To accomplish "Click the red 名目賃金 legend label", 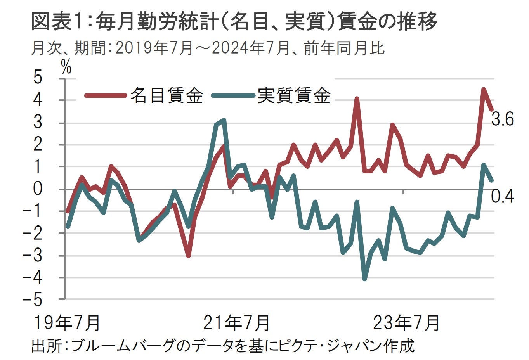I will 167,95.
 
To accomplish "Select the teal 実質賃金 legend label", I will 294,95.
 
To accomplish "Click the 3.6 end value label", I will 503,119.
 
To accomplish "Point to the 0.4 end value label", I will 503,196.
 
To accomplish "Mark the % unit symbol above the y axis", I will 66,68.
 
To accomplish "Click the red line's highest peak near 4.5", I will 484,89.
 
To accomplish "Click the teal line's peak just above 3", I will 224,120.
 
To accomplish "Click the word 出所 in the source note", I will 42,346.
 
